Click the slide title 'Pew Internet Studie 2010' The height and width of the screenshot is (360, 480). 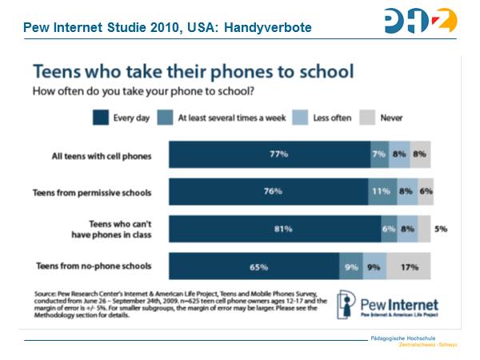click(x=167, y=29)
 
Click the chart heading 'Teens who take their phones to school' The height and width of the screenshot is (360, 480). click(x=191, y=72)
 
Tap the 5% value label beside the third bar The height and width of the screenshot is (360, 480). click(x=441, y=229)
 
